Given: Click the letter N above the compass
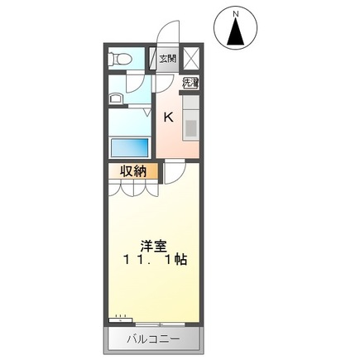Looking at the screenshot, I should [236, 13].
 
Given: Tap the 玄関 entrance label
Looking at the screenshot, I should [168, 59].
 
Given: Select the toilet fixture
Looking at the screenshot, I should [123, 60].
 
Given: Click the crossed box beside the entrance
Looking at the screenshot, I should [191, 59].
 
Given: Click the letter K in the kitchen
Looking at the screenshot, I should [168, 117].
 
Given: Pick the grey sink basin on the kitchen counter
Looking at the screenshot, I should [190, 127].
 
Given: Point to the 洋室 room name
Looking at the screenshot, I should [151, 245].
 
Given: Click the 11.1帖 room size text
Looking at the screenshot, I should [151, 260].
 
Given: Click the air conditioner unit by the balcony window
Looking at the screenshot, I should [122, 316].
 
